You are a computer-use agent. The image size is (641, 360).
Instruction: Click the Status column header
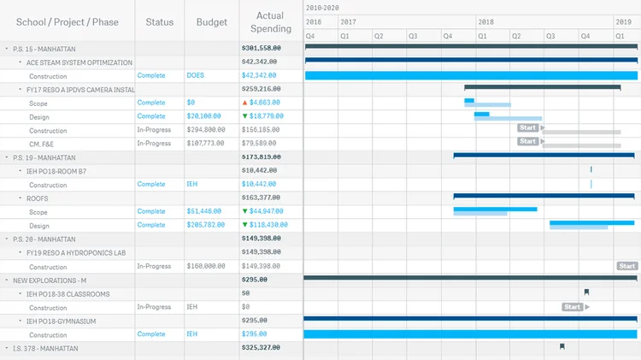pos(160,22)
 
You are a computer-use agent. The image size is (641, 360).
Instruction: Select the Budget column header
pos(212,22)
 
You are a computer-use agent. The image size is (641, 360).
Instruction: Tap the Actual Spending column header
pos(270,22)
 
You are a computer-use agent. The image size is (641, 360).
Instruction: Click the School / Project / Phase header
pos(68,22)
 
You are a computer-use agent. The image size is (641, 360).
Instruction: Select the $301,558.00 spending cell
pos(262,49)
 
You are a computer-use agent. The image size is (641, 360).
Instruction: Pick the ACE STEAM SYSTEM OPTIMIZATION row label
pos(79,62)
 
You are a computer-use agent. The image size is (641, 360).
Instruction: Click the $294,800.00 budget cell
pos(206,130)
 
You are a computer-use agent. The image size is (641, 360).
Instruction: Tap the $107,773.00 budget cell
pos(206,144)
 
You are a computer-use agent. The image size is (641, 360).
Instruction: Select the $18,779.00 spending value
pos(267,116)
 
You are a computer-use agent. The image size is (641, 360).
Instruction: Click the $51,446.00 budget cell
pos(204,211)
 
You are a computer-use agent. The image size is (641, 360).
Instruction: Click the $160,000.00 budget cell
pos(206,266)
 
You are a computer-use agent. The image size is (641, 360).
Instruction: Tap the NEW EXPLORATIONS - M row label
pos(50,280)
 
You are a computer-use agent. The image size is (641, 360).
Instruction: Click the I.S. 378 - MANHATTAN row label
pos(45,348)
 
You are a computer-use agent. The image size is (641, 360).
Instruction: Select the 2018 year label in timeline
pos(485,21)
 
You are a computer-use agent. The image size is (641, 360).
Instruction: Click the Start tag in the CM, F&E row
pos(528,141)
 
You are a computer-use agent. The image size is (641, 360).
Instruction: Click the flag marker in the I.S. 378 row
pos(562,347)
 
